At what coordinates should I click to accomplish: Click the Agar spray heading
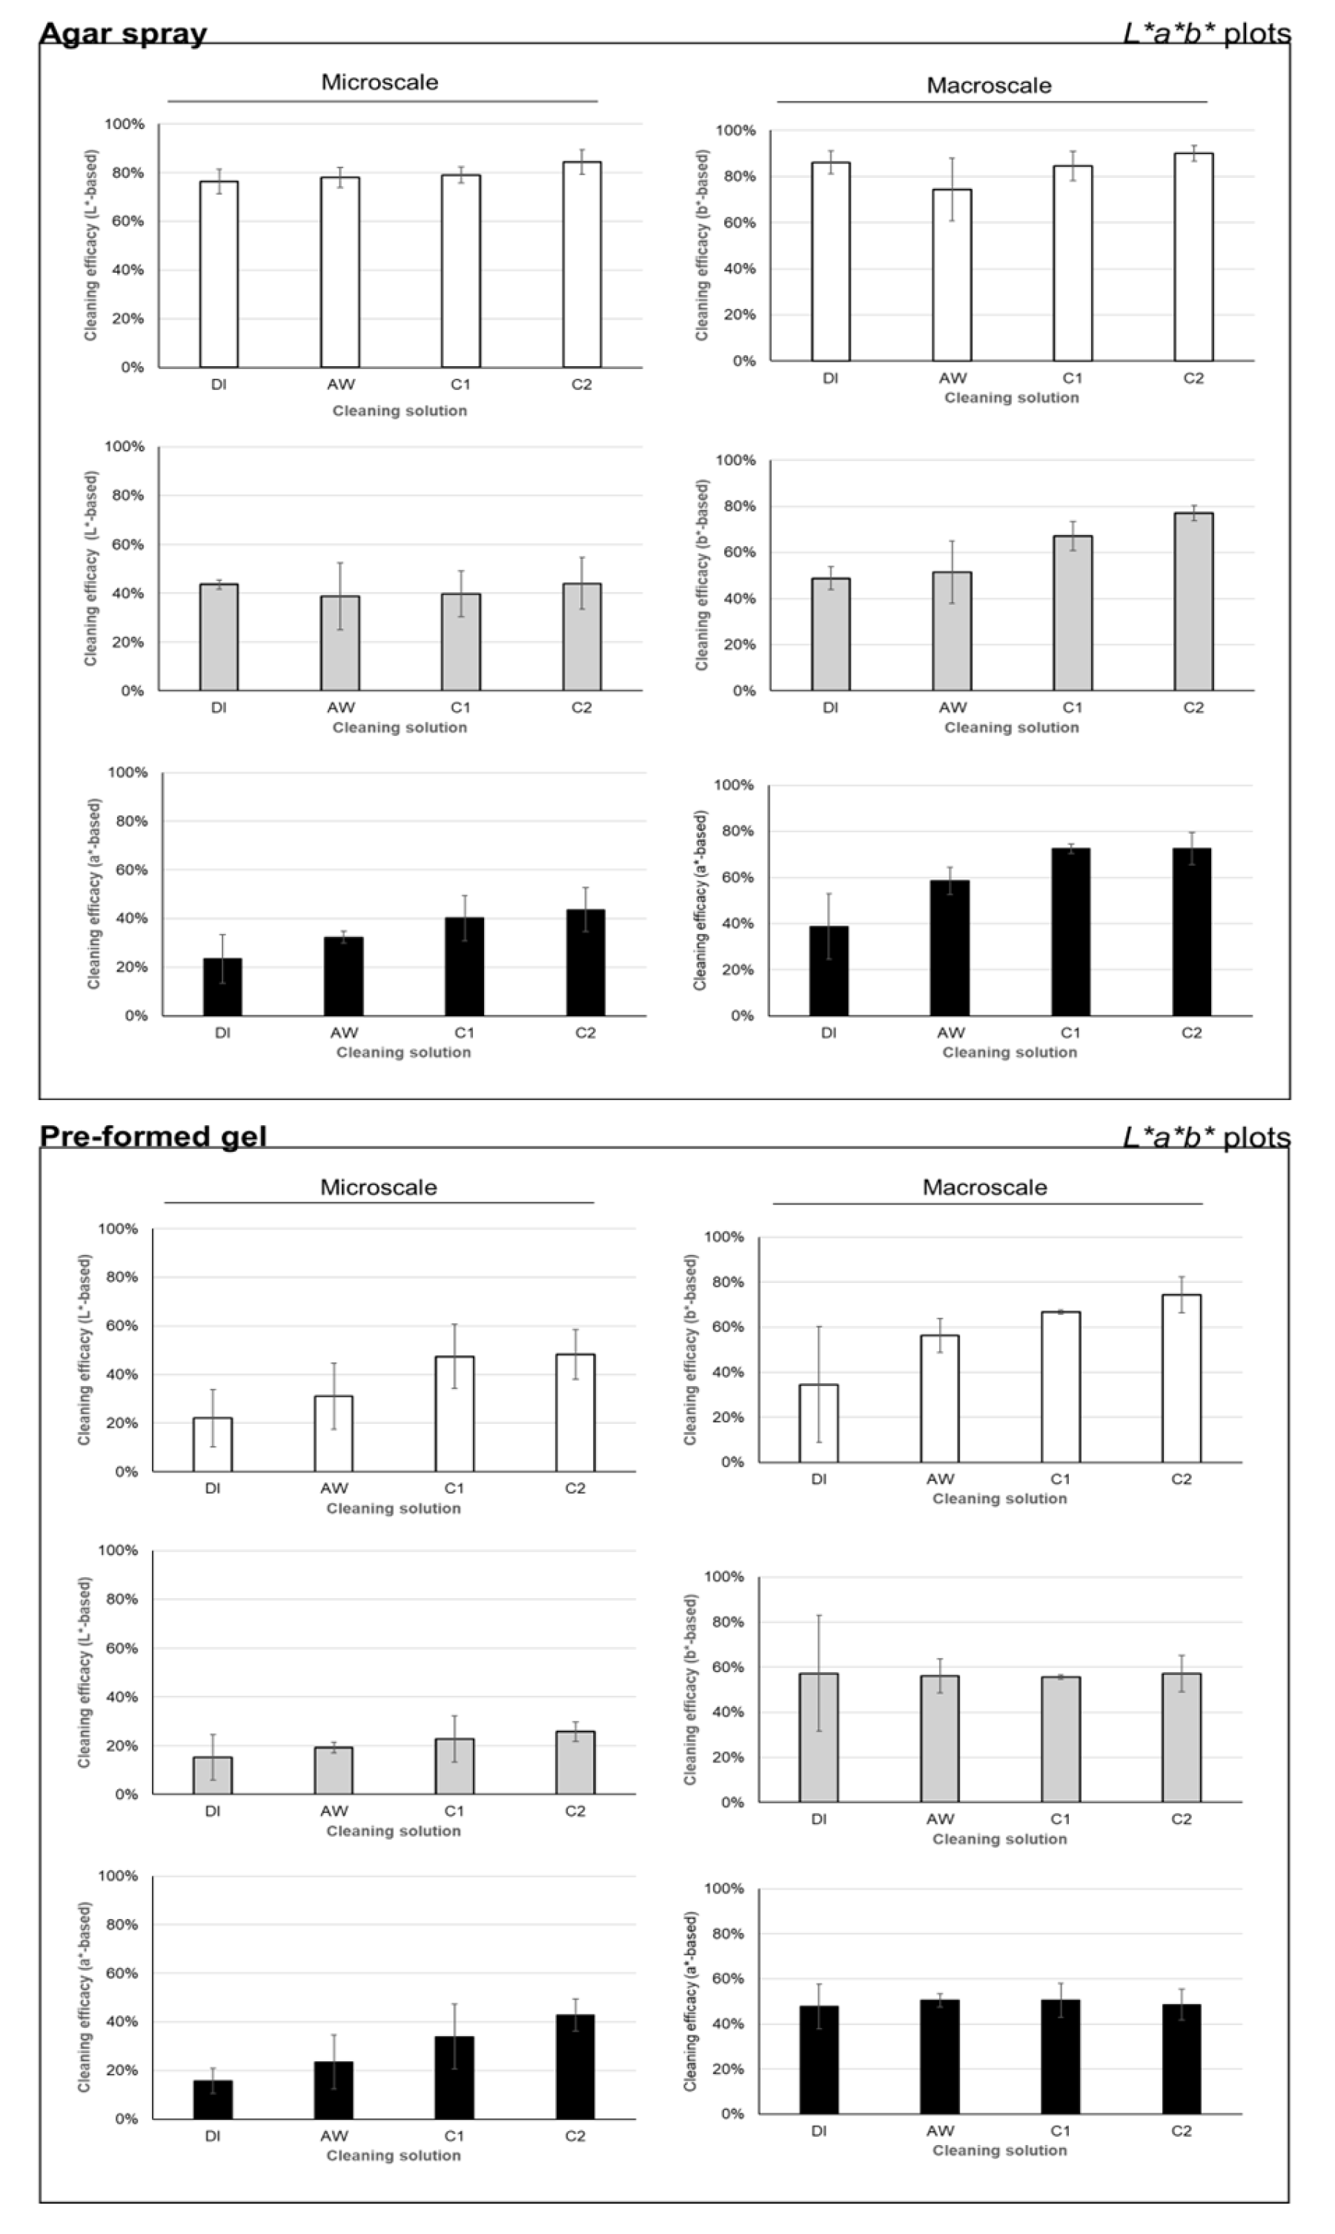[123, 33]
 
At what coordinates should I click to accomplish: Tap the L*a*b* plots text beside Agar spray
[1206, 33]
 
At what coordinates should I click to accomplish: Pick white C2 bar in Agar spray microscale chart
[581, 265]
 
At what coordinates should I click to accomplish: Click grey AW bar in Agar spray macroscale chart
[952, 632]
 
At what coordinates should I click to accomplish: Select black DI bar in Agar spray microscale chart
[222, 987]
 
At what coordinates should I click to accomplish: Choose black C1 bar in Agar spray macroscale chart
[1070, 932]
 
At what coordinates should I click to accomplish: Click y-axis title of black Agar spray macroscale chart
[700, 901]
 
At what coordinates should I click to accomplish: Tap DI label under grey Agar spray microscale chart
[219, 708]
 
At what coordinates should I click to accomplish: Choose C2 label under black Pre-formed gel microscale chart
[574, 2136]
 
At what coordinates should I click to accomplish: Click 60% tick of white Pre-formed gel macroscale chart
[724, 1327]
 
